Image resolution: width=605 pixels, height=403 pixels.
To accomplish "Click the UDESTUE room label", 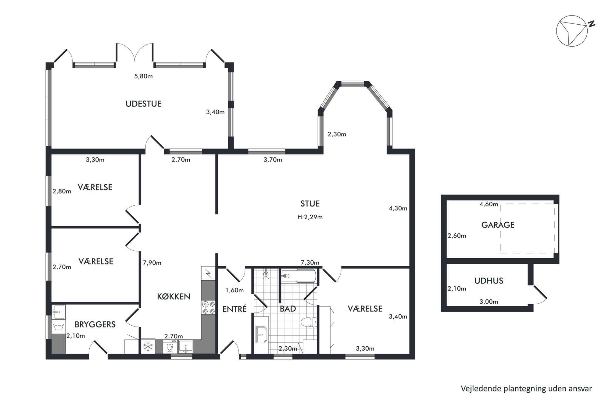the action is pos(143,104).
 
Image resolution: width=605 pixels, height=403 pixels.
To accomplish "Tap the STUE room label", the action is pos(310,203).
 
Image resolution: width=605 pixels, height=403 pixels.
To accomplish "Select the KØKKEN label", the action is pos(174,296).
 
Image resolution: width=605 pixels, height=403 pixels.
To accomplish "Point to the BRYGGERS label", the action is pos(95,324).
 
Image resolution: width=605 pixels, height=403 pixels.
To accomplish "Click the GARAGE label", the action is pos(498,225).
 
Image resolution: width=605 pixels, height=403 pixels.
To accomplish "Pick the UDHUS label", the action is pos(489,281).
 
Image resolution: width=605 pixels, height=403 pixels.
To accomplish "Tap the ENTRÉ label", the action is pos(234,309).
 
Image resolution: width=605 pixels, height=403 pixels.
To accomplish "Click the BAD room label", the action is pos(288,309).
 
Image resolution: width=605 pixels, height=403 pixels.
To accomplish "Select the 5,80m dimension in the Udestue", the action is pos(143,76).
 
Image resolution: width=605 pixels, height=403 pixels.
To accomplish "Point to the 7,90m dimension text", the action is pos(152,263).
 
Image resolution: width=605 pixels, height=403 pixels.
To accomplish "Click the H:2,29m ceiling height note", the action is pos(310,217).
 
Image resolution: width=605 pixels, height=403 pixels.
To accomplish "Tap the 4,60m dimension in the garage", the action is pos(489,204).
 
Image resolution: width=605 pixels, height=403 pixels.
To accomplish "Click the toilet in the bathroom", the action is pos(309,322).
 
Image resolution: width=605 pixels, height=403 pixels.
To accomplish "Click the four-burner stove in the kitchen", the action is pos(208,307).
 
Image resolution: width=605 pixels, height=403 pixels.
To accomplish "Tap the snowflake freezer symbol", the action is pos(148,347).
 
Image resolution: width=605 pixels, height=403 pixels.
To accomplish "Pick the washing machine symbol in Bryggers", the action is pos(58,327).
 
